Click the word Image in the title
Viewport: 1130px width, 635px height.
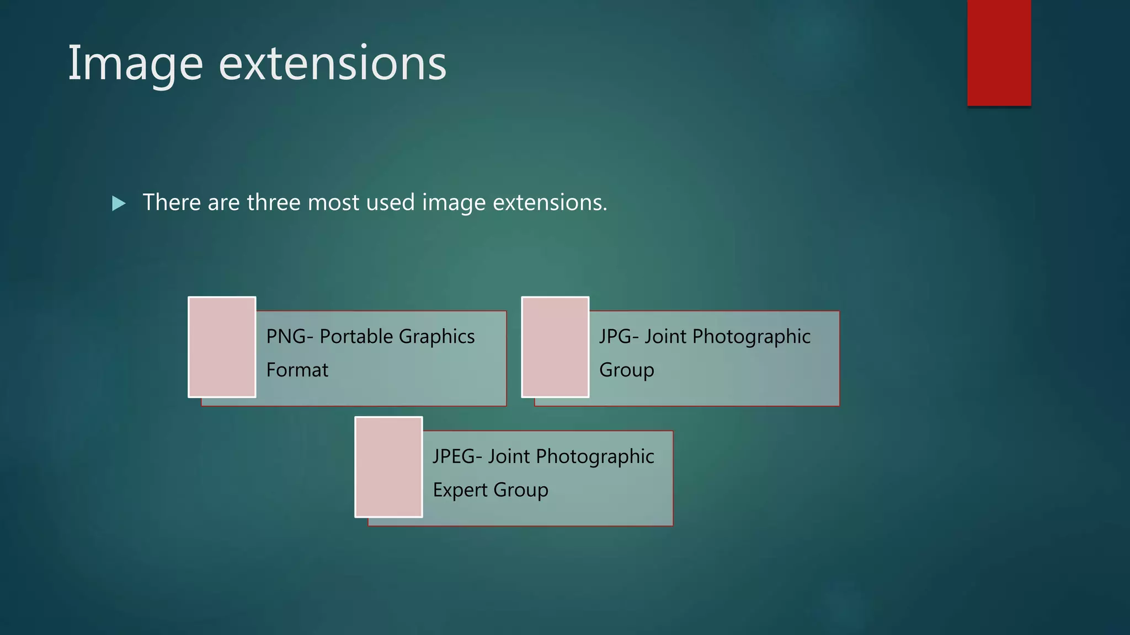(x=135, y=64)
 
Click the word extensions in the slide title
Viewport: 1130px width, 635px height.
(x=332, y=64)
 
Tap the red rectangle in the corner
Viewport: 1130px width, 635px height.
(x=999, y=53)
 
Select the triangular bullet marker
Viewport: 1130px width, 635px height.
(x=119, y=203)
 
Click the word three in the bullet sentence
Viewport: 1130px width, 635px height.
(x=274, y=202)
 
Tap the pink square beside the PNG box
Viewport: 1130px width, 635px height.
(x=222, y=347)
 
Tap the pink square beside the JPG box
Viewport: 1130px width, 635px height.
(x=555, y=347)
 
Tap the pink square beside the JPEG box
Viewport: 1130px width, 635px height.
(x=388, y=467)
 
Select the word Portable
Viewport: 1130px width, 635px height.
(x=356, y=336)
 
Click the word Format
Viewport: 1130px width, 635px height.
(x=297, y=370)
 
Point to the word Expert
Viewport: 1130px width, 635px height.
(x=460, y=490)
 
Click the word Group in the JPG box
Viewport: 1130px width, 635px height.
(x=626, y=370)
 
